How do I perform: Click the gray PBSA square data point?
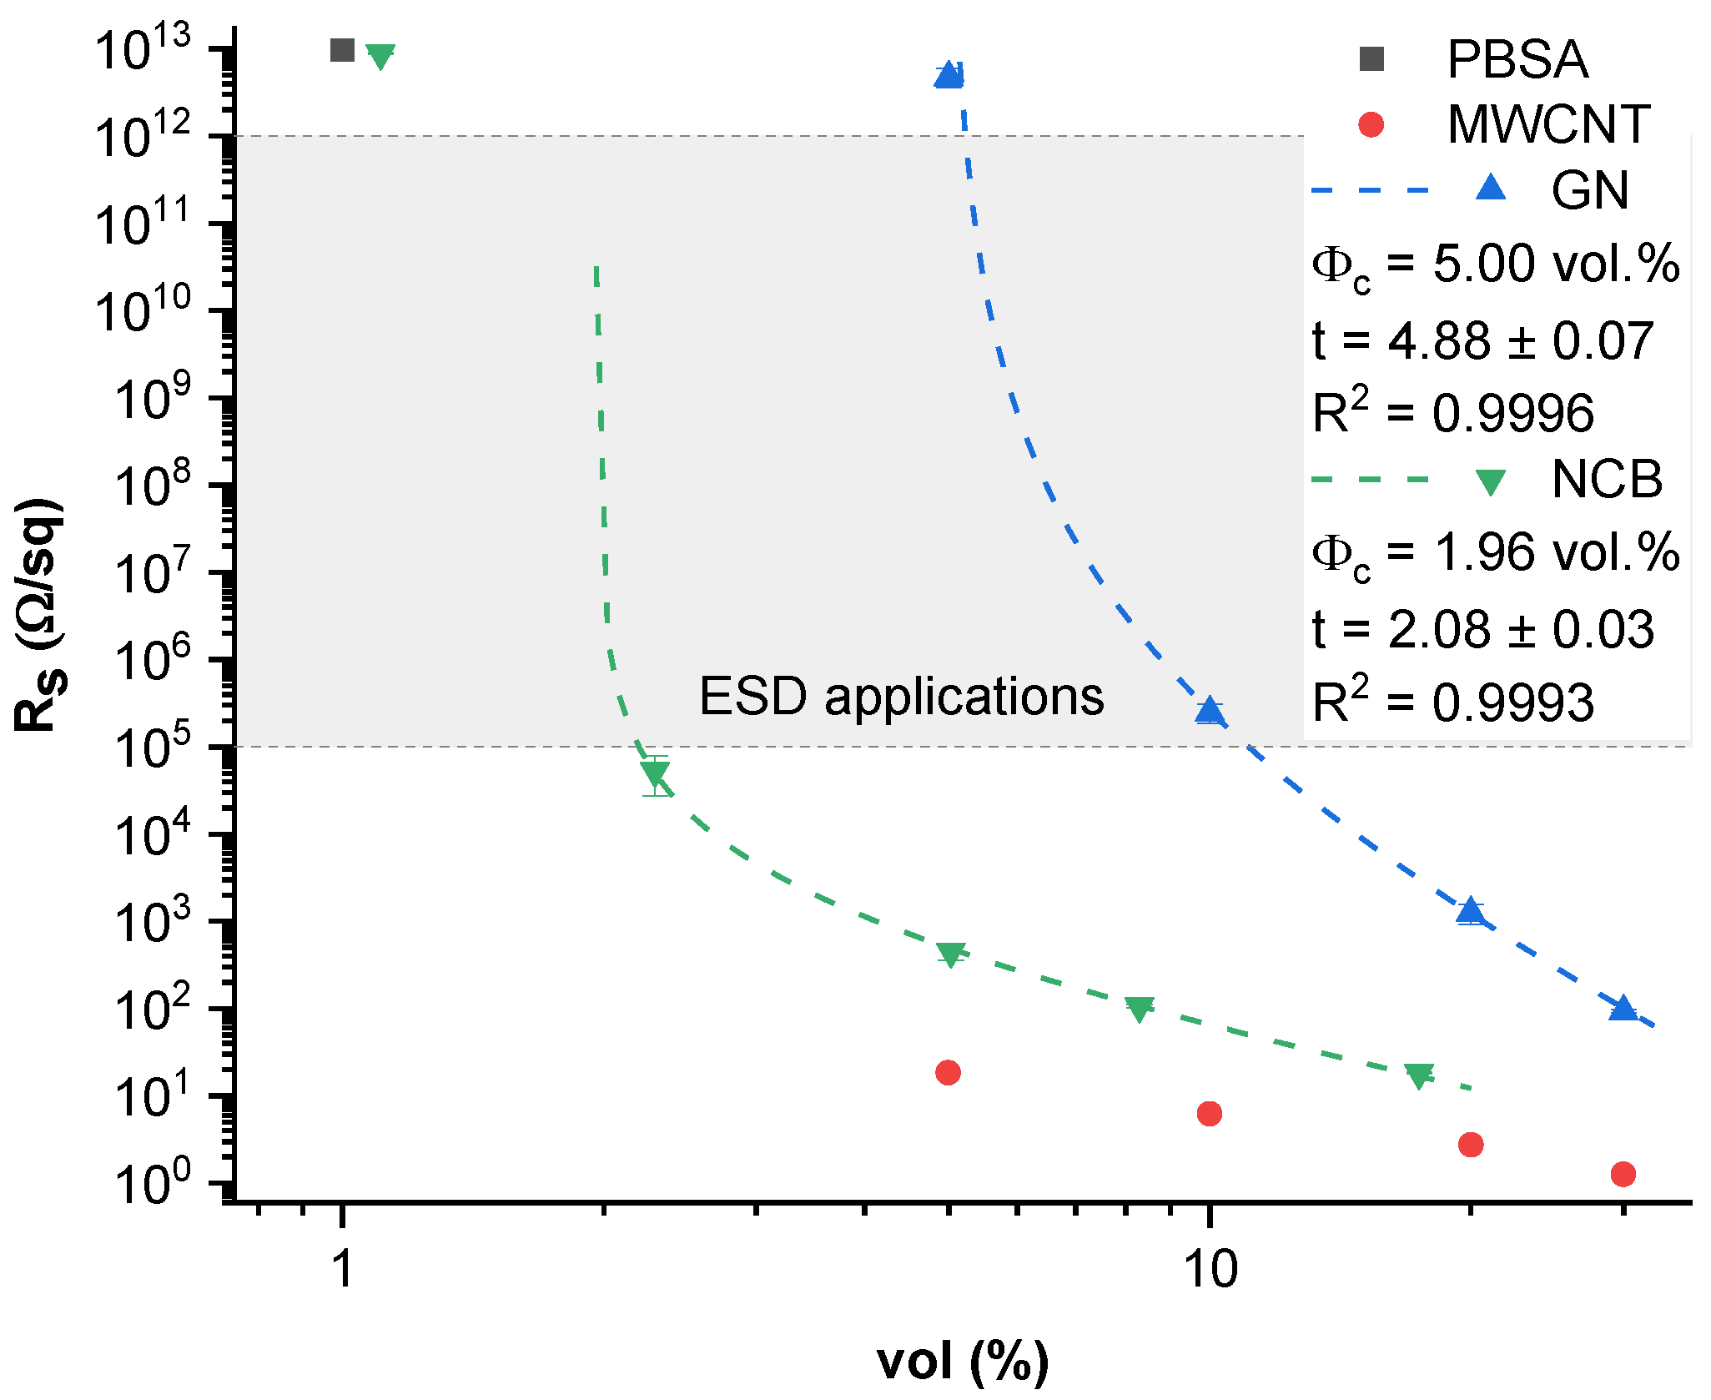point(342,50)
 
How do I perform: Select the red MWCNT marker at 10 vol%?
point(1209,1113)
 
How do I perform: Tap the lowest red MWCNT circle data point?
point(1623,1174)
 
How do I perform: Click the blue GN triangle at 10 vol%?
point(1209,711)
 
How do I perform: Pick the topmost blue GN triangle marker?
point(949,76)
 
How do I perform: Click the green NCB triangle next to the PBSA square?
point(380,56)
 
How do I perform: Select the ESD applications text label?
point(901,696)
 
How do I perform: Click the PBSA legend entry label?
point(1517,59)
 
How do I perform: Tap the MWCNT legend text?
point(1548,124)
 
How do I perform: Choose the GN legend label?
point(1589,190)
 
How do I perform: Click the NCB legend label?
point(1606,480)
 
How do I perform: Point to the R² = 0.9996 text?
point(1452,412)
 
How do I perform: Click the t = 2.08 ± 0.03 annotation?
point(1482,629)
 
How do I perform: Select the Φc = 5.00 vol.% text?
point(1495,266)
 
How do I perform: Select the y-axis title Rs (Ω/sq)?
point(38,616)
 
